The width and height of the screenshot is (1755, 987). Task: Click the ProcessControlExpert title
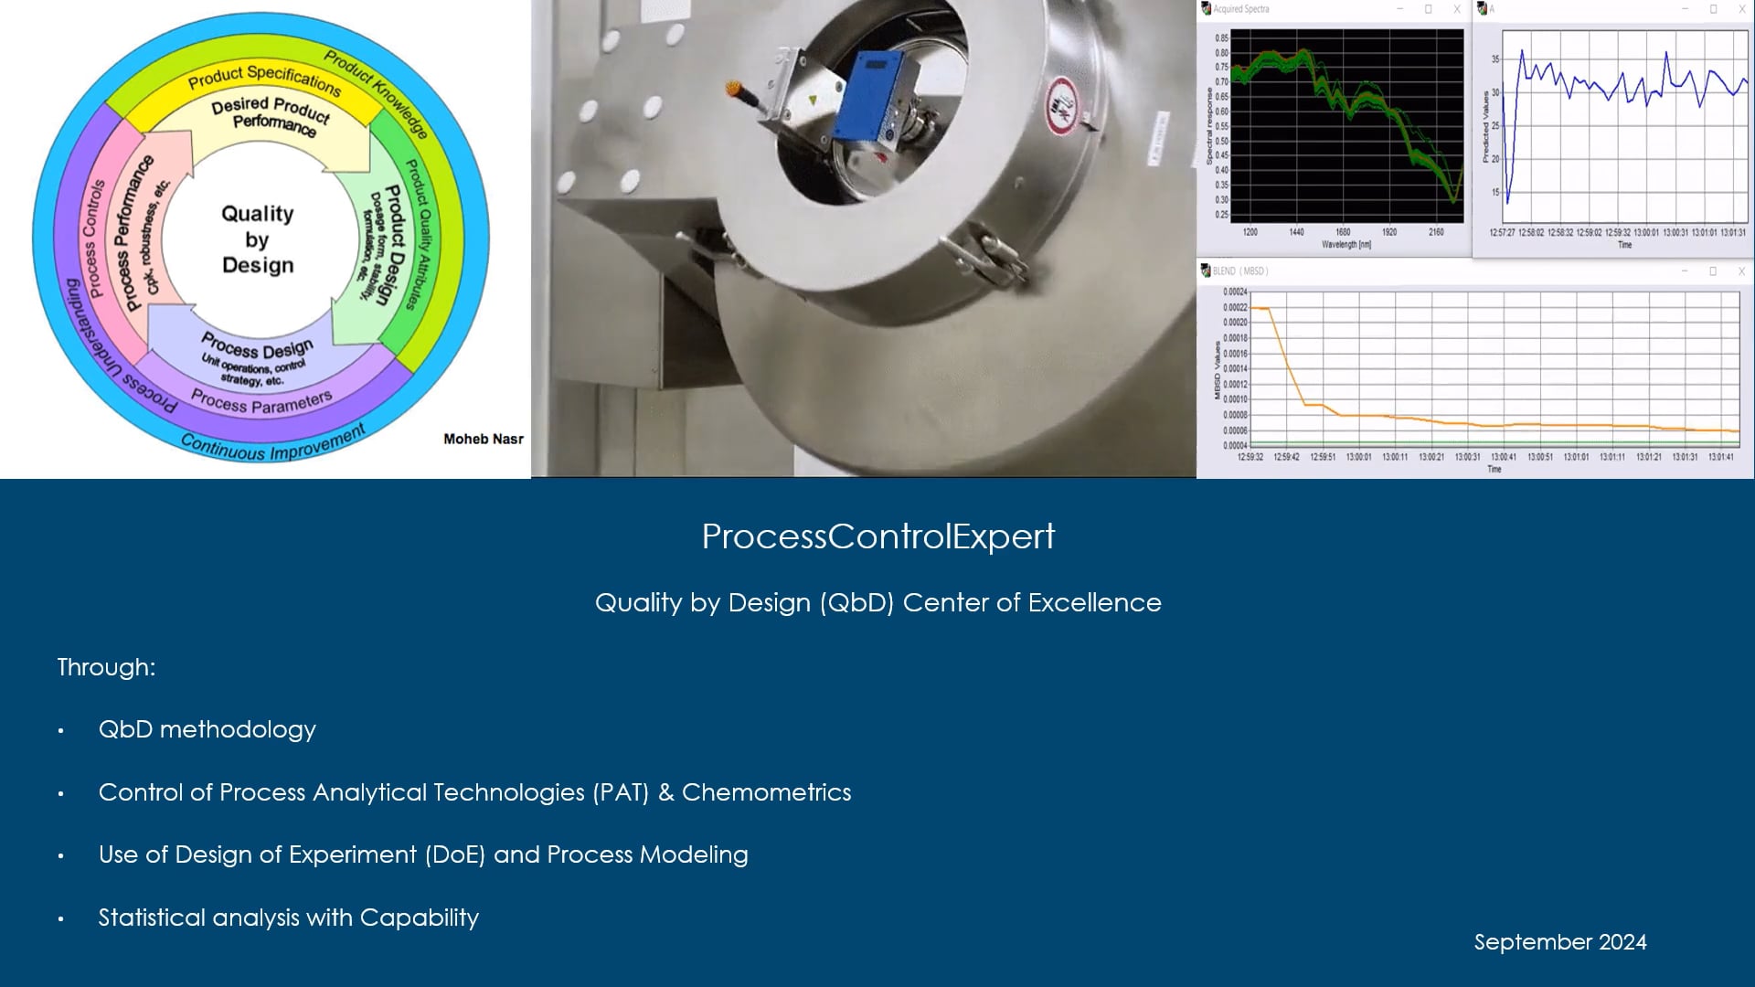click(877, 536)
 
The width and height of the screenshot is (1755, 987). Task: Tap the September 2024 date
click(1559, 942)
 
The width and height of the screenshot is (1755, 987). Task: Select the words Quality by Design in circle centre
click(258, 239)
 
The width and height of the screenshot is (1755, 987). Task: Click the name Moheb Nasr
click(483, 440)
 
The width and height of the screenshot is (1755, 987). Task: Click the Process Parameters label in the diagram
click(261, 402)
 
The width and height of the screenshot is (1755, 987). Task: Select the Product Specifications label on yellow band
click(264, 79)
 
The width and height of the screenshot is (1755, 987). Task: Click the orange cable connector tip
click(732, 89)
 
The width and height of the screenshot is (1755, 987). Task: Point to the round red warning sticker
click(1061, 103)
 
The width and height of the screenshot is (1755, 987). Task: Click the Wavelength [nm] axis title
click(1345, 245)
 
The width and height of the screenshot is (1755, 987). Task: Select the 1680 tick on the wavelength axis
click(1343, 232)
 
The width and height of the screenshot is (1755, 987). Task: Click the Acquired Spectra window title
click(1240, 9)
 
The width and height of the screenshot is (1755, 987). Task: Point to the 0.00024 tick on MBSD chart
click(1234, 292)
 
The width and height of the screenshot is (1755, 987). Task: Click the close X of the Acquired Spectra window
click(1457, 9)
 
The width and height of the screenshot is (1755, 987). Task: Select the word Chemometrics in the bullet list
click(766, 792)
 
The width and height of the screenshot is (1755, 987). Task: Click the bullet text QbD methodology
click(207, 729)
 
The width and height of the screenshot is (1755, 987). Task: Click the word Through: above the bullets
click(106, 667)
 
